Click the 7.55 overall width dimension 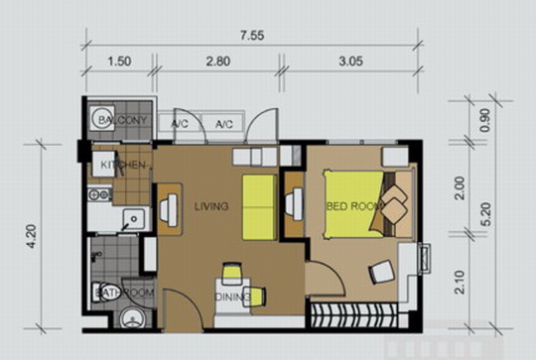(x=252, y=36)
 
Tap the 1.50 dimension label (x=119, y=61)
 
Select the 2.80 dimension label (x=218, y=61)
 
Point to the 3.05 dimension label (x=350, y=61)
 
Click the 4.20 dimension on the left (x=33, y=236)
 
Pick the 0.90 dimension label (x=485, y=120)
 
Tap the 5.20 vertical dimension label (x=485, y=214)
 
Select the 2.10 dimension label (x=461, y=282)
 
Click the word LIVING (x=211, y=206)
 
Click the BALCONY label (x=122, y=120)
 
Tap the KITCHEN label (x=123, y=165)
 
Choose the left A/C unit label (x=180, y=124)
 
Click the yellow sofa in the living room (x=259, y=207)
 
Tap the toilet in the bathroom (x=105, y=292)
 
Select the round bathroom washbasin (x=133, y=317)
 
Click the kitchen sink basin (x=134, y=219)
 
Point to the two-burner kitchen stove (x=99, y=194)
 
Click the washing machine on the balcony (x=102, y=118)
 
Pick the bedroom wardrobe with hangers (x=354, y=315)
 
